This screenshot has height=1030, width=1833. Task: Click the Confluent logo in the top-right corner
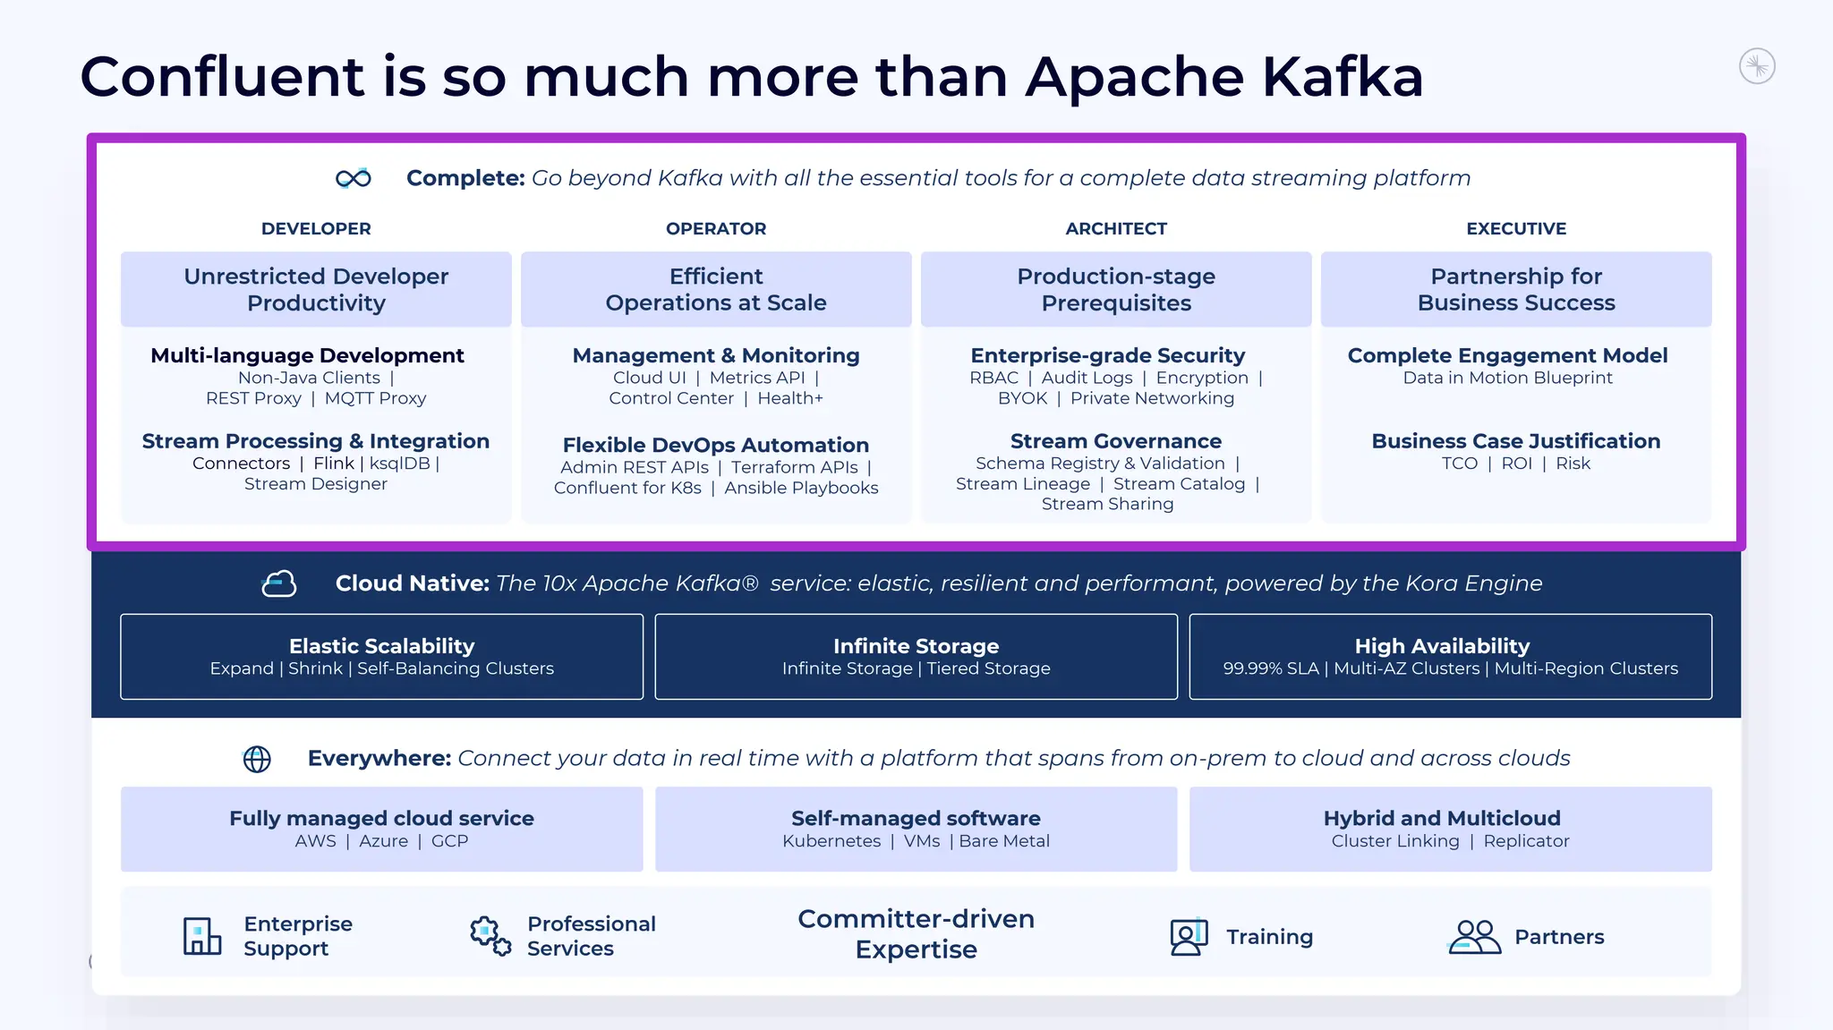(x=1757, y=66)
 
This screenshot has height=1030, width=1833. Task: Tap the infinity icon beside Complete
(x=354, y=178)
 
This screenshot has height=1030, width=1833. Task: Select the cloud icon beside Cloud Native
(x=279, y=583)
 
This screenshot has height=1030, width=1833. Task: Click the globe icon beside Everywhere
(x=258, y=759)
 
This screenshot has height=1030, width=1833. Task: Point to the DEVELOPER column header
(x=316, y=228)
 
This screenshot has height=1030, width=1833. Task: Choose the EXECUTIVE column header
(x=1516, y=228)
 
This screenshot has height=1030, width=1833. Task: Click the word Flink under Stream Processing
(x=334, y=464)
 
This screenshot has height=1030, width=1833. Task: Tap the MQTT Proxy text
(x=375, y=398)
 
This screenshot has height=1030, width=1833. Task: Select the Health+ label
(x=790, y=398)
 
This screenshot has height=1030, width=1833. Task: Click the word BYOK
(x=1022, y=398)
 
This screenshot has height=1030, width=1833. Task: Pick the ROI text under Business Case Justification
(x=1517, y=464)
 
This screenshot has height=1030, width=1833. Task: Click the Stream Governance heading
(x=1116, y=441)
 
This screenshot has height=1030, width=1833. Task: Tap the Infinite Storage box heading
(x=916, y=646)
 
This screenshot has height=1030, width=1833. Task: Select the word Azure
(x=383, y=841)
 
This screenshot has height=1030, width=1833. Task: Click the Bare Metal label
(x=1004, y=841)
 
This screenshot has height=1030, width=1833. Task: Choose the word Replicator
(x=1526, y=841)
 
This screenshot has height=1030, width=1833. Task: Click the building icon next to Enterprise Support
(x=202, y=936)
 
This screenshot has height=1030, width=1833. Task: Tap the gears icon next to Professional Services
(x=490, y=936)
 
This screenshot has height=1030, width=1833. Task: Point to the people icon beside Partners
(x=1474, y=936)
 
